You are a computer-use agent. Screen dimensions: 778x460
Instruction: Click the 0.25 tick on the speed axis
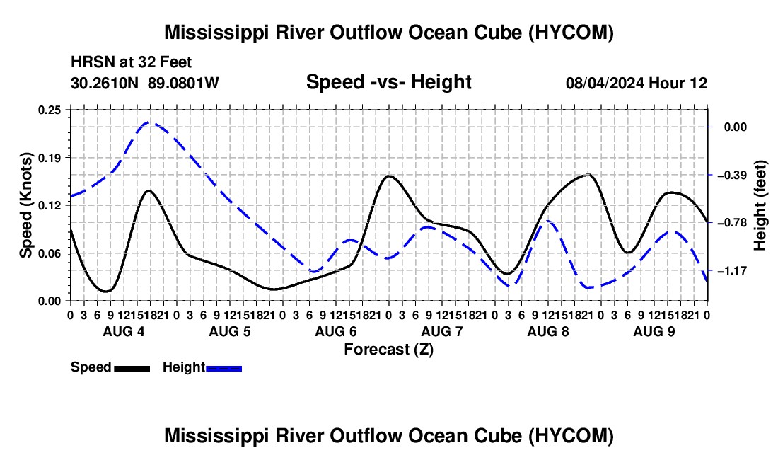point(49,110)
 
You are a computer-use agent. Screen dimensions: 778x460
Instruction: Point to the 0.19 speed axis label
point(49,158)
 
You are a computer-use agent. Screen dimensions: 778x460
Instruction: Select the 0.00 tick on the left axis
point(49,301)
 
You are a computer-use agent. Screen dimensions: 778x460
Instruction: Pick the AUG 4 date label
point(124,331)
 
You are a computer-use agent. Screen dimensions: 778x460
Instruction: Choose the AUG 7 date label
point(442,331)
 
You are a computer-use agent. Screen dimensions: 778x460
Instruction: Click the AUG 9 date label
point(654,331)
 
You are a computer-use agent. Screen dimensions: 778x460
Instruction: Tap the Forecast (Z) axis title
point(388,350)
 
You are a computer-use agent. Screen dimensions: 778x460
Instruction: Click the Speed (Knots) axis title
point(25,205)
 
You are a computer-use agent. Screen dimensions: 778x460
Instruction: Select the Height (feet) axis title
point(760,205)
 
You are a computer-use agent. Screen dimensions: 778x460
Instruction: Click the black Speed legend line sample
point(132,369)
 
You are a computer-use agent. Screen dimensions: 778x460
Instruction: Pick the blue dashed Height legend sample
point(223,369)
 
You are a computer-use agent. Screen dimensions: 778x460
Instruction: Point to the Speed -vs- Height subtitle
point(388,82)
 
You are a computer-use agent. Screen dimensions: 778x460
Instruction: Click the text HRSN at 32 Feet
point(132,62)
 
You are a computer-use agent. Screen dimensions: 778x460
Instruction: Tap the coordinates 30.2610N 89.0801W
point(145,83)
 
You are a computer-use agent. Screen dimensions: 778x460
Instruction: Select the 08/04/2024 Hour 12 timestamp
point(637,83)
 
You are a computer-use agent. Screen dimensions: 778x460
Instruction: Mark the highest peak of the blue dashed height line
point(149,122)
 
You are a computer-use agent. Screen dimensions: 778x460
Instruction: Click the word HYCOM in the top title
point(570,33)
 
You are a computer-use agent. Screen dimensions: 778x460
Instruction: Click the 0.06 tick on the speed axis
point(49,253)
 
